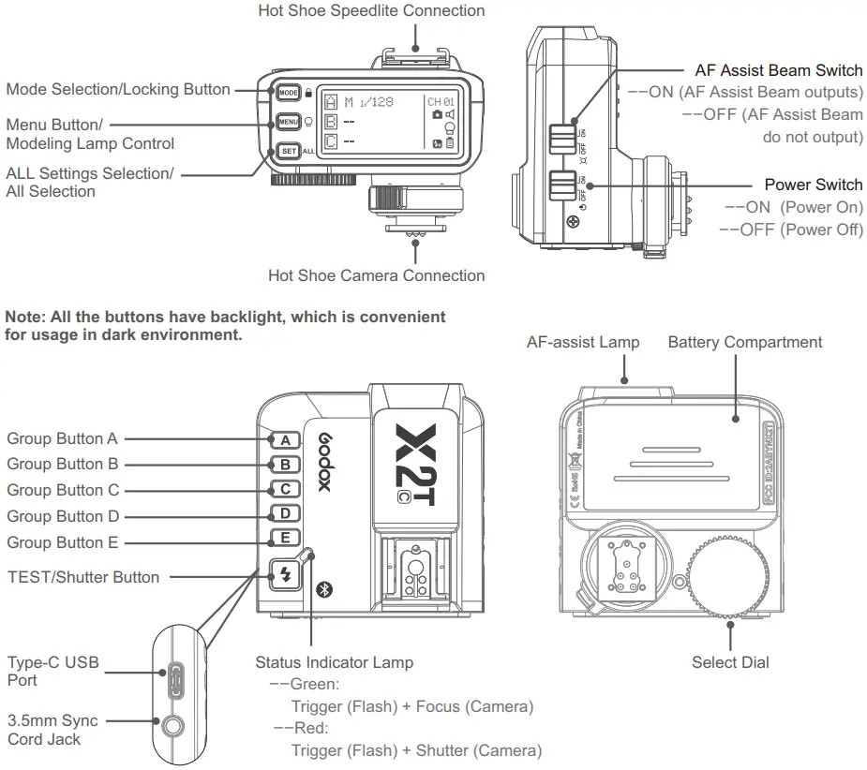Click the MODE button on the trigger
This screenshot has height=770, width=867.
tap(288, 92)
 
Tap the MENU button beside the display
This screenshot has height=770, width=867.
tap(288, 122)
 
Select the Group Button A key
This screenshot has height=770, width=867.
tap(284, 439)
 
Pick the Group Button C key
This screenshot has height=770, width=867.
tap(284, 489)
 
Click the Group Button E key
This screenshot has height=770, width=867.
tap(284, 539)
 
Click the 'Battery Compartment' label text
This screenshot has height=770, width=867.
tap(744, 342)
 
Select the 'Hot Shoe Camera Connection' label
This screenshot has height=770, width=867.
tap(376, 275)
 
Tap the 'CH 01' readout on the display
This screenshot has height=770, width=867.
tap(441, 101)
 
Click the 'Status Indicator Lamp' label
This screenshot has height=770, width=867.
tap(334, 662)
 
